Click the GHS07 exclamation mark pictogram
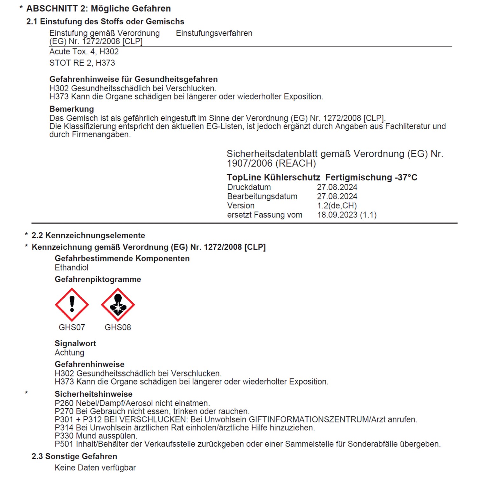72,305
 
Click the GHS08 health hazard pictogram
118,305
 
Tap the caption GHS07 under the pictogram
72,327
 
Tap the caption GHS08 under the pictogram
118,327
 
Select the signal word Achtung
69,353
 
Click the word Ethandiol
72,268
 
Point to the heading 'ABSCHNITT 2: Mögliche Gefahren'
98,9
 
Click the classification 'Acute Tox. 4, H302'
84,52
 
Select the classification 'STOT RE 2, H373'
82,63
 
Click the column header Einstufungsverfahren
214,33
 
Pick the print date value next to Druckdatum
337,187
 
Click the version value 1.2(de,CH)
337,206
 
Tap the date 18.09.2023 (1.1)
347,215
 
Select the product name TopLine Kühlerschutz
273,177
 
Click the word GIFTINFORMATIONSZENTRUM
308,420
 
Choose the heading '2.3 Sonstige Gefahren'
74,457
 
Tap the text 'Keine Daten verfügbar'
95,468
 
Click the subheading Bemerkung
72,109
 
